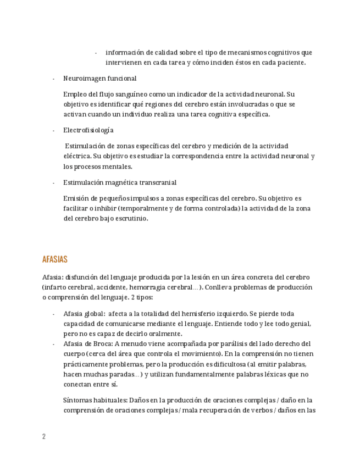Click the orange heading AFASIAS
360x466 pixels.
(x=54, y=259)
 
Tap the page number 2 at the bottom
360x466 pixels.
(x=44, y=436)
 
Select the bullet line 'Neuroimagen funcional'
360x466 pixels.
(x=99, y=79)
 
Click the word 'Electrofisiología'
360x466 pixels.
(x=88, y=130)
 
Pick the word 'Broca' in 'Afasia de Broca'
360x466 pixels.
(x=103, y=343)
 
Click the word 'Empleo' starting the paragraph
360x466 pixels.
(x=74, y=94)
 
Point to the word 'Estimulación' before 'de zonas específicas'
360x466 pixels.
(x=85, y=146)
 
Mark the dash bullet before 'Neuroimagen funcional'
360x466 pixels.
(x=53, y=79)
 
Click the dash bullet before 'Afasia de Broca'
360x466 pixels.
(x=53, y=343)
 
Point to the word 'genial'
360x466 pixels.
(x=300, y=324)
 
